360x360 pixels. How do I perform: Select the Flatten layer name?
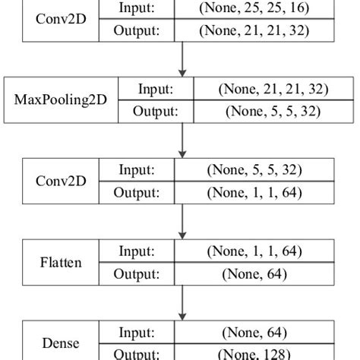coord(61,263)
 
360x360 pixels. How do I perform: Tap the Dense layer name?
coord(61,343)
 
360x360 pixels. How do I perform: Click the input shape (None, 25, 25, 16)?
coord(254,8)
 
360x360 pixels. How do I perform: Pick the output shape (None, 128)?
coord(254,354)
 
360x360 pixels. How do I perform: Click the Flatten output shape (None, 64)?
coord(254,273)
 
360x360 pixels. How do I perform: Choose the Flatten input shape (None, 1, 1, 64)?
coord(254,251)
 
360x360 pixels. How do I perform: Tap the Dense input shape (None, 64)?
coord(254,332)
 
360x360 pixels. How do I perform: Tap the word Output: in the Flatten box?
coord(137,273)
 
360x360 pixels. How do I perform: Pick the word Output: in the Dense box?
coord(137,354)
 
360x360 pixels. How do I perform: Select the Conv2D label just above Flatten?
coord(61,182)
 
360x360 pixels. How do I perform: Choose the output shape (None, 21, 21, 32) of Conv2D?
coord(254,31)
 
